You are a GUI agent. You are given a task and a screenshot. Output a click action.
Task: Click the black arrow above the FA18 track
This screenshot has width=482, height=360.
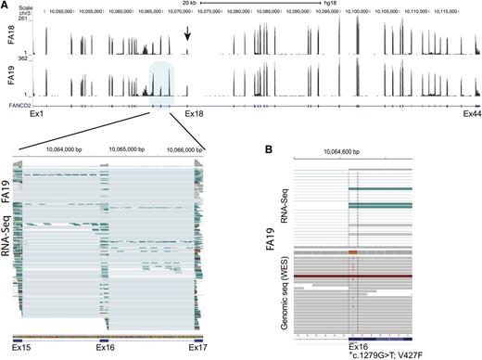point(188,33)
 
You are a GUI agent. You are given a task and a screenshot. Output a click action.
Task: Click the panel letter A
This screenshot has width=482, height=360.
point(6,6)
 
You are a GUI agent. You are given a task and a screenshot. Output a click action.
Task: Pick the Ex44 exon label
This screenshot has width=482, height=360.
point(471,114)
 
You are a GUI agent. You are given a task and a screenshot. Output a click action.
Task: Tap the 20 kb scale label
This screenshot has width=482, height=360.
point(187,5)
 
